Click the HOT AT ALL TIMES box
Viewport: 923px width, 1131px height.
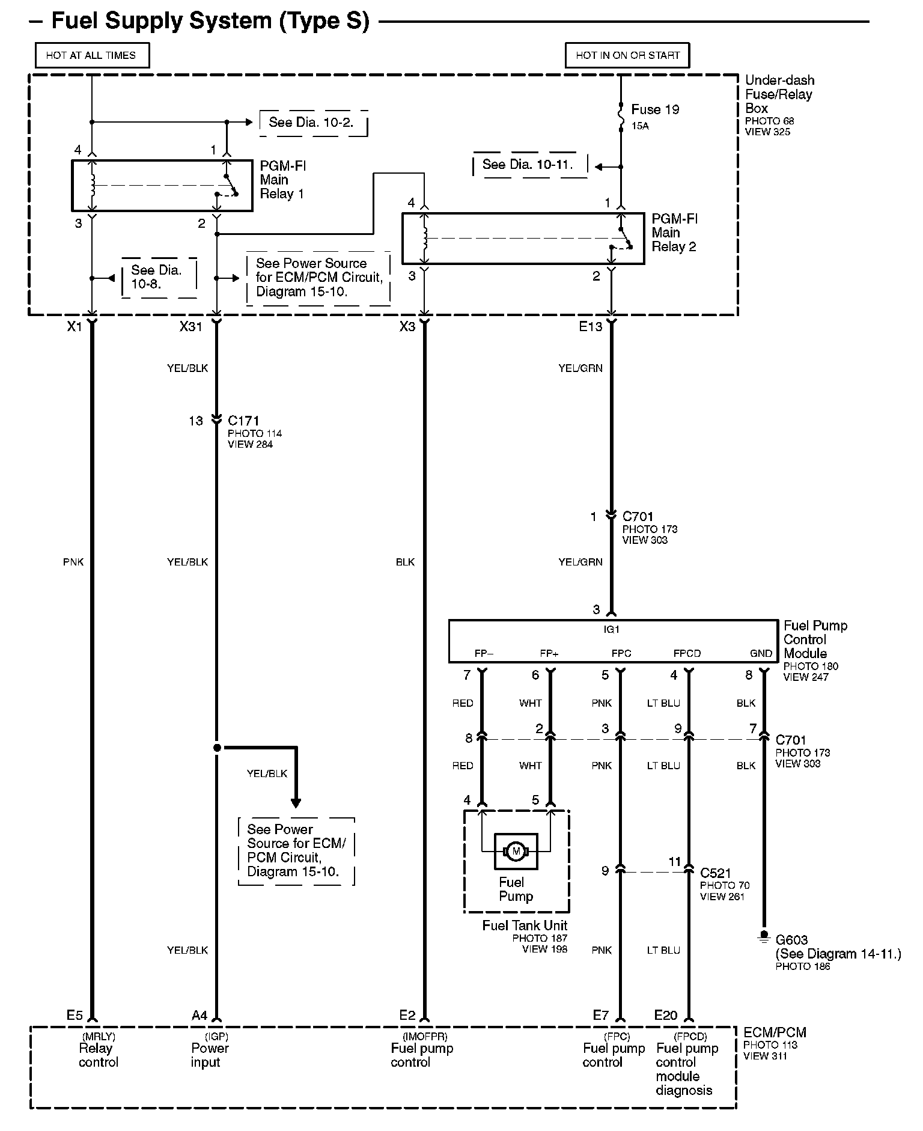click(91, 55)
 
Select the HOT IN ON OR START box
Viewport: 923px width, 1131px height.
click(627, 55)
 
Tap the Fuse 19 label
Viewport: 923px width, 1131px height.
click(655, 109)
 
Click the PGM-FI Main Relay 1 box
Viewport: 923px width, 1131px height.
click(162, 186)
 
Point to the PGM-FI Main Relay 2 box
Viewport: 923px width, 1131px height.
click(523, 238)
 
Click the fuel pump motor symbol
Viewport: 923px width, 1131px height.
click(516, 851)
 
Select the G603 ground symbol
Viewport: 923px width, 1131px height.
click(764, 937)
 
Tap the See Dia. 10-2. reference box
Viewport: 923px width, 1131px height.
click(311, 123)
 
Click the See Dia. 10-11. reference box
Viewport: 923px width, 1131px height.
click(528, 165)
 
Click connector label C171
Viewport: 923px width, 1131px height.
click(243, 421)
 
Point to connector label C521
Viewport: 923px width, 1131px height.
click(715, 873)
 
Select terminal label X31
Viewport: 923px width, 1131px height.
click(191, 326)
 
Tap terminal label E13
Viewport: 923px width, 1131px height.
click(590, 326)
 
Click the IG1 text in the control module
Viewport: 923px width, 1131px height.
click(611, 629)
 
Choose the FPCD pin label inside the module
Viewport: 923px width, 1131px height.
click(687, 653)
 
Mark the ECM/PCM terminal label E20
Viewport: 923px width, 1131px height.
click(665, 1015)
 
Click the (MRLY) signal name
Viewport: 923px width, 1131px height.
click(98, 1036)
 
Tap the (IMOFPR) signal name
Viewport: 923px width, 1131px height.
click(425, 1036)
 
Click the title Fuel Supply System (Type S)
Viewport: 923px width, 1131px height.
click(210, 20)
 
